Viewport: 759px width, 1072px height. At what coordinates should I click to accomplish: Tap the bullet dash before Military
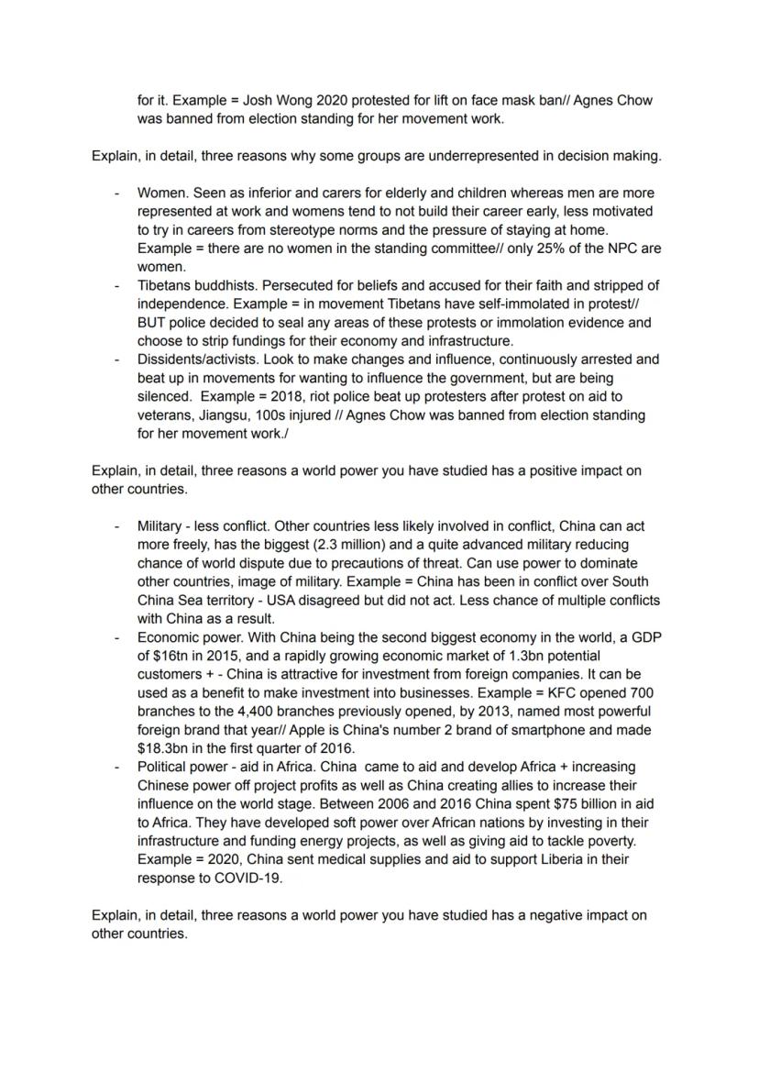[x=116, y=526]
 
